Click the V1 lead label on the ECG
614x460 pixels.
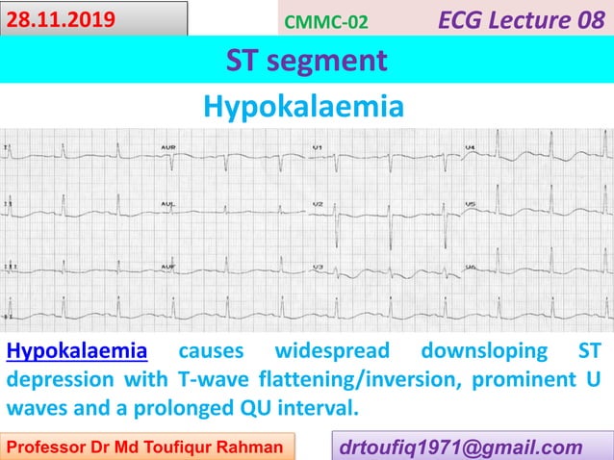coord(319,147)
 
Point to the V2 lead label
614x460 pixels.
coord(319,206)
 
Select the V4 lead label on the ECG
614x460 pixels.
coord(470,147)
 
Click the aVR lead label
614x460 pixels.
coord(167,147)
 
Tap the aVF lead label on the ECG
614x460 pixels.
coord(167,265)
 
